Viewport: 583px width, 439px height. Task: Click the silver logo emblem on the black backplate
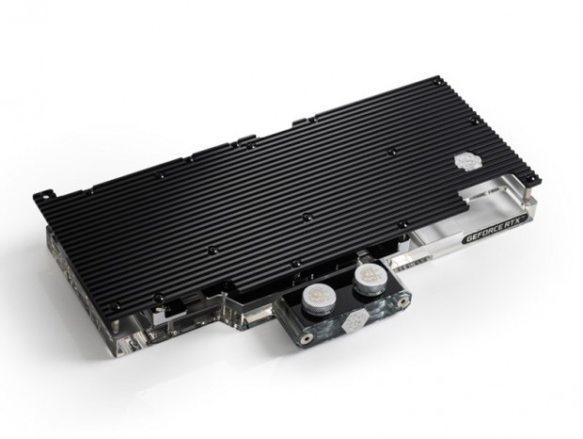(x=465, y=162)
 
